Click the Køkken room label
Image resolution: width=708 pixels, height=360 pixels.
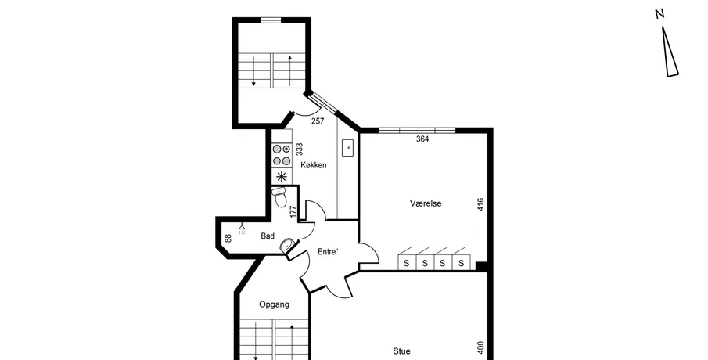point(314,165)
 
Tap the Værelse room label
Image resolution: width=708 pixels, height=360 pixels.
point(426,203)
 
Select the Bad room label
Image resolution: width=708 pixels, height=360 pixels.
point(268,236)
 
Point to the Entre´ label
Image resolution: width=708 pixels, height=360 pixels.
point(328,251)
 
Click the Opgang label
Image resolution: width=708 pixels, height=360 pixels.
point(274,304)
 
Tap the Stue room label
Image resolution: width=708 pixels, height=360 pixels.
point(402,351)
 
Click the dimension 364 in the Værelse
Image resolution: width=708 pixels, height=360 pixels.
point(422,139)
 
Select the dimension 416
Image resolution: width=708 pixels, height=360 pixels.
point(480,204)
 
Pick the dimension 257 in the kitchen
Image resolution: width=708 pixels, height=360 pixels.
point(318,121)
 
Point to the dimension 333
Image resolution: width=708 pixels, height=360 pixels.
point(299,149)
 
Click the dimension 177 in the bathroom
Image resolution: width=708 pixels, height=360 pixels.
point(293,212)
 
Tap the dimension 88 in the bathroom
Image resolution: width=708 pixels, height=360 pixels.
point(228,238)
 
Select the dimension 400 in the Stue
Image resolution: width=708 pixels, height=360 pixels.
point(480,347)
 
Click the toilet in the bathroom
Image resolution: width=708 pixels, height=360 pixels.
point(279,196)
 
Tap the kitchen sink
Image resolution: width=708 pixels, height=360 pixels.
point(348,148)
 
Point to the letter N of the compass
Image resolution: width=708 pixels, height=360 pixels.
point(659,14)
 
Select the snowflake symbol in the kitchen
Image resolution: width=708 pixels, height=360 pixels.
point(282,177)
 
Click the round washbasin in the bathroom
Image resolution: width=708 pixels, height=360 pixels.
point(287,246)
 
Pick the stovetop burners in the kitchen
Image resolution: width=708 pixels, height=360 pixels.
point(282,154)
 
